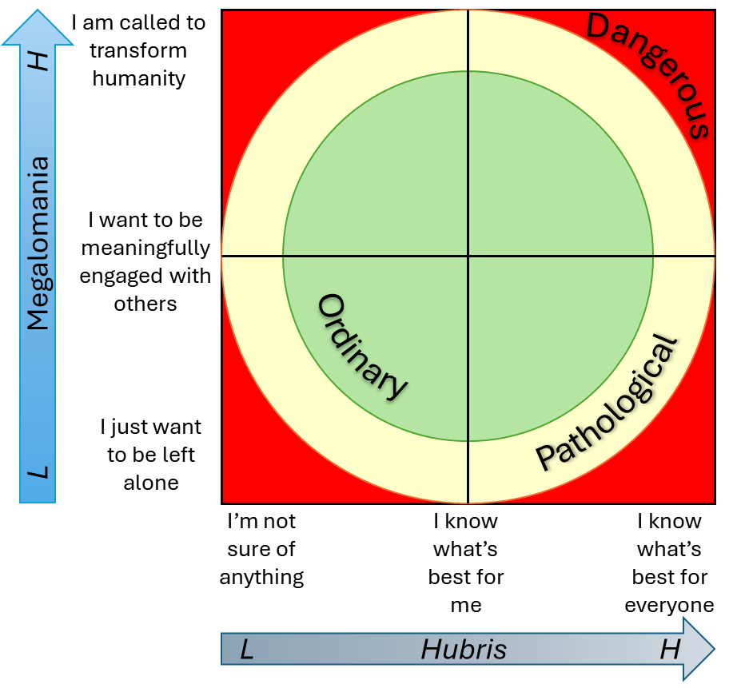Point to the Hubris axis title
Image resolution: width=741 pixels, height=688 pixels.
tap(464, 649)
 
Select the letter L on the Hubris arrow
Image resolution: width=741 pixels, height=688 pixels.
tap(246, 650)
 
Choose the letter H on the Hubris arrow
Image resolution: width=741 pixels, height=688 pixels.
tap(670, 650)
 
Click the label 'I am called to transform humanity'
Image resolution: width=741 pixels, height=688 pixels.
tap(138, 50)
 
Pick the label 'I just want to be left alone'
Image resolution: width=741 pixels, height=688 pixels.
tap(151, 455)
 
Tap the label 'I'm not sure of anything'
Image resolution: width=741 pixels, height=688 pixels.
tap(262, 549)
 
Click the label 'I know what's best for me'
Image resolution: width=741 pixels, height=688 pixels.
tap(466, 563)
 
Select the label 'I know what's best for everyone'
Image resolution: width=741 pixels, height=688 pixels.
tap(670, 563)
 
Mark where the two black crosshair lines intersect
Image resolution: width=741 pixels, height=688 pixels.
tap(468, 256)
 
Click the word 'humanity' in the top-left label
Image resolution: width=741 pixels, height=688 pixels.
tap(138, 78)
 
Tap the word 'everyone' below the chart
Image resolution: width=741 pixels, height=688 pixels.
tap(670, 605)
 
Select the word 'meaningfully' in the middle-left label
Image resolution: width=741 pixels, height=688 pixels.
tap(145, 248)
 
